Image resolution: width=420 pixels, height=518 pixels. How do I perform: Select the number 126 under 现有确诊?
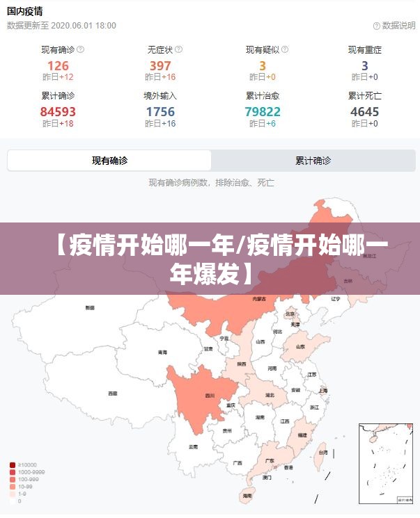point(58,66)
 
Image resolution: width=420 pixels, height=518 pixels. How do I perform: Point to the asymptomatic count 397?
point(160,66)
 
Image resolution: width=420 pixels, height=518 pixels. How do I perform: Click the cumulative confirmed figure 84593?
point(58,111)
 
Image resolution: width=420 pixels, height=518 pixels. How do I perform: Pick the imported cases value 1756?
point(160,111)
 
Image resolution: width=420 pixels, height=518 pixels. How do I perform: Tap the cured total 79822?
point(263,111)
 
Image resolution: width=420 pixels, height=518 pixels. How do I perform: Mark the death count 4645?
point(365,111)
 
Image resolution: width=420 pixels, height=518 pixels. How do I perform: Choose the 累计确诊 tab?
point(313,161)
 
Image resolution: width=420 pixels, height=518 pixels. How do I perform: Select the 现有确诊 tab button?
point(109,161)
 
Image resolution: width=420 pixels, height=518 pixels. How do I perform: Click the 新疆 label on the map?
point(90,307)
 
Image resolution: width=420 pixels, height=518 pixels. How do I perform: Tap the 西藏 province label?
point(112,393)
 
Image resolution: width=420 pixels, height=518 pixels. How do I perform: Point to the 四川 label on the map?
point(209,396)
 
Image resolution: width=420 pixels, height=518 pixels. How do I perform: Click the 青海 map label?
point(162,352)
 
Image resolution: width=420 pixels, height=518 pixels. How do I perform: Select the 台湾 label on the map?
point(322,453)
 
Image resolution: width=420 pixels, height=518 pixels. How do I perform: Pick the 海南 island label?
point(247,496)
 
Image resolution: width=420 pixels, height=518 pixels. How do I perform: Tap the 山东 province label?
point(300,346)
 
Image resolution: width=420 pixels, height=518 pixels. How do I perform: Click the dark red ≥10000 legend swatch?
point(13,464)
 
